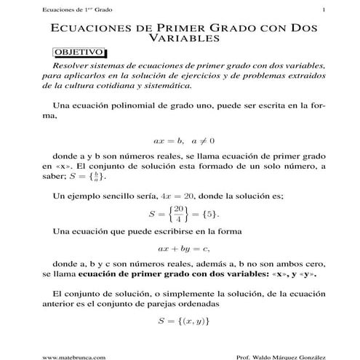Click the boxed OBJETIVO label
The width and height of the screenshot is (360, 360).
tap(79, 54)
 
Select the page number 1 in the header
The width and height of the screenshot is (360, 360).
tap(321, 9)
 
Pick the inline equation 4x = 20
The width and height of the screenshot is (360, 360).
tap(178, 197)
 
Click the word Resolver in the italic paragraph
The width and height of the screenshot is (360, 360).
tap(75, 66)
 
